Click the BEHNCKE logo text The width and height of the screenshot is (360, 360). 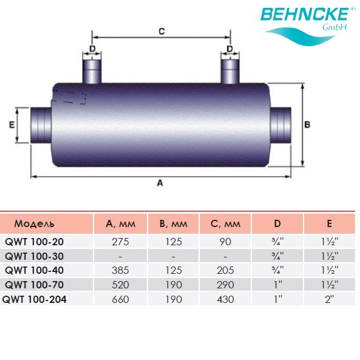click(x=304, y=14)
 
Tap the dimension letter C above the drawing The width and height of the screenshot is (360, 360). click(x=161, y=31)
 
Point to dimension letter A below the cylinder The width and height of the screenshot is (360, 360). click(x=160, y=183)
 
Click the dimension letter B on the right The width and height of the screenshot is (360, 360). click(x=307, y=124)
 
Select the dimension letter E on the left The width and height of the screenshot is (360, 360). click(x=12, y=124)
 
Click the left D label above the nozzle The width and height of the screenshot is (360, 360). click(x=92, y=49)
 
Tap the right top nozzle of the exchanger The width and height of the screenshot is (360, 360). click(x=230, y=71)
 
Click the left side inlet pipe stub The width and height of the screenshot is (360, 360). click(x=41, y=124)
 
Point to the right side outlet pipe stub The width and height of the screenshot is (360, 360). click(x=280, y=124)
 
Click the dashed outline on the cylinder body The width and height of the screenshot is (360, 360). click(x=69, y=97)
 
